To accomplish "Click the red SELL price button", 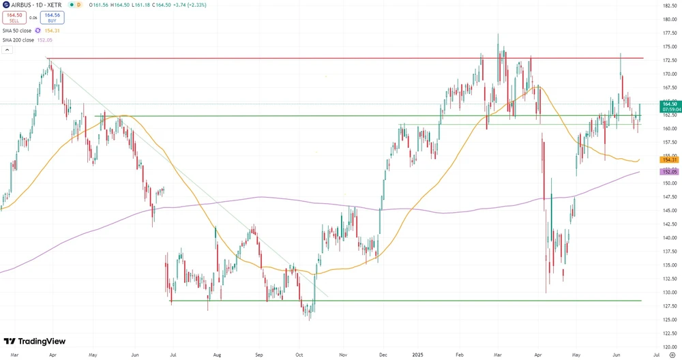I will click(14, 18).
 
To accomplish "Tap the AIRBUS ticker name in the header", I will click(24, 5).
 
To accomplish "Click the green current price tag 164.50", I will click(668, 104).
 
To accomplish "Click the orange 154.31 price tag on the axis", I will click(668, 160).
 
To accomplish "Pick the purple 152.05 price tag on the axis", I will click(668, 172).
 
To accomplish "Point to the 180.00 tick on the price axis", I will click(668, 19).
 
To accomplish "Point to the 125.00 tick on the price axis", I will click(668, 320).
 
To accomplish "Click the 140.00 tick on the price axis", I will click(668, 238).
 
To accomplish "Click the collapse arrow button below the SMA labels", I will click(6, 50).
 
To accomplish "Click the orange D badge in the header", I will click(78, 5).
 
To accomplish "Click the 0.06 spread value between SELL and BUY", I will click(32, 18).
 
